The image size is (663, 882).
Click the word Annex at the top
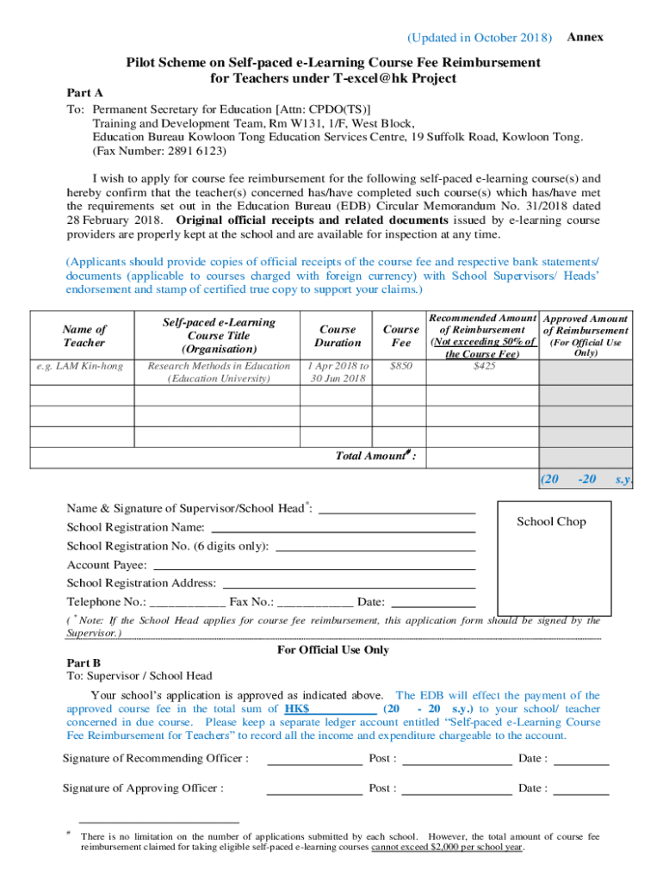(x=586, y=37)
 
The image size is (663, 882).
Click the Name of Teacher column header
(x=84, y=335)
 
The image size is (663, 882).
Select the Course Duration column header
(x=338, y=335)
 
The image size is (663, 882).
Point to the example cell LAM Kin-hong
(x=80, y=366)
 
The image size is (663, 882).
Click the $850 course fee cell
(x=401, y=366)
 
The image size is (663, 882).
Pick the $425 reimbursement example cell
(x=484, y=366)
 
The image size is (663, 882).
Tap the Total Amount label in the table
(x=375, y=456)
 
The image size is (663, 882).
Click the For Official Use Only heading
(x=332, y=650)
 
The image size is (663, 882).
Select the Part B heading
(x=84, y=663)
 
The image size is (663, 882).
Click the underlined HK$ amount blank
(x=331, y=709)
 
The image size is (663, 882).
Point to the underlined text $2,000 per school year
(x=447, y=847)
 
